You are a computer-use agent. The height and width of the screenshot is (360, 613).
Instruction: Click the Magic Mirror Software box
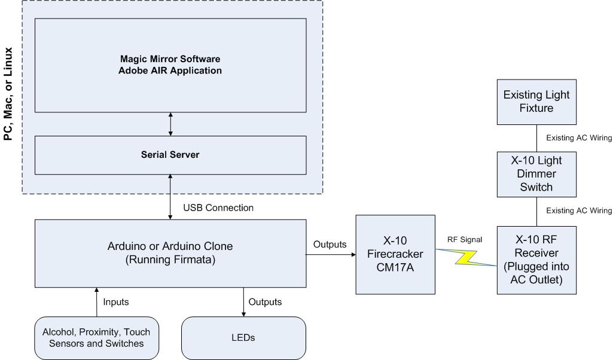click(171, 65)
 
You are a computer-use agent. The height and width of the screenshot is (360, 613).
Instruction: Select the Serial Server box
click(171, 154)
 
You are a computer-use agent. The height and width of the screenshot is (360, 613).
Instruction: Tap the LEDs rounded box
click(243, 337)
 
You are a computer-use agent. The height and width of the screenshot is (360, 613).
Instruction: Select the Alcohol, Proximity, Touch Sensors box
click(96, 337)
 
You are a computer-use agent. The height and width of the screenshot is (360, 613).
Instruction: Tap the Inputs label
click(117, 302)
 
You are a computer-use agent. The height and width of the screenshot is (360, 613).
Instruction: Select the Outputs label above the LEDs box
click(265, 302)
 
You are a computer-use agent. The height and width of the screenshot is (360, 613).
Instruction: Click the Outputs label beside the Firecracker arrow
click(329, 244)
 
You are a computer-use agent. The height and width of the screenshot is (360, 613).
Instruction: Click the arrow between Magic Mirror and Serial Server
click(171, 124)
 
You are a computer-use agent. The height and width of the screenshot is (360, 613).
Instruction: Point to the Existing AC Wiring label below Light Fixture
click(579, 138)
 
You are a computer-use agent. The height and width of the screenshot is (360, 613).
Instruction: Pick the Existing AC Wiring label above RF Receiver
click(579, 210)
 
